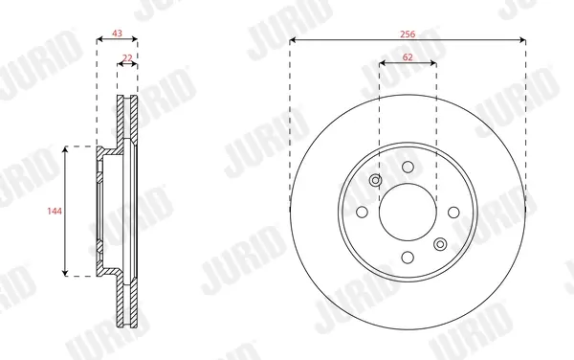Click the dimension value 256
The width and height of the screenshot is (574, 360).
(408, 34)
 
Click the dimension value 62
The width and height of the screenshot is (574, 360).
(408, 57)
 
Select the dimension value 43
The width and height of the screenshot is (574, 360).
(117, 34)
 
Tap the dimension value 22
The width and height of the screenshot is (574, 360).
(127, 57)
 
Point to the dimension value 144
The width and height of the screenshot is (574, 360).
(55, 211)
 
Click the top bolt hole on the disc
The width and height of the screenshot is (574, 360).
(408, 167)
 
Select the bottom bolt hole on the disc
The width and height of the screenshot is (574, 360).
(408, 258)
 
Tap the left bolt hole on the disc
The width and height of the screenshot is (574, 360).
(362, 212)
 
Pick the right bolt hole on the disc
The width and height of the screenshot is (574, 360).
(453, 212)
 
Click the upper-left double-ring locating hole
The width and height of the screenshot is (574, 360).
(376, 180)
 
